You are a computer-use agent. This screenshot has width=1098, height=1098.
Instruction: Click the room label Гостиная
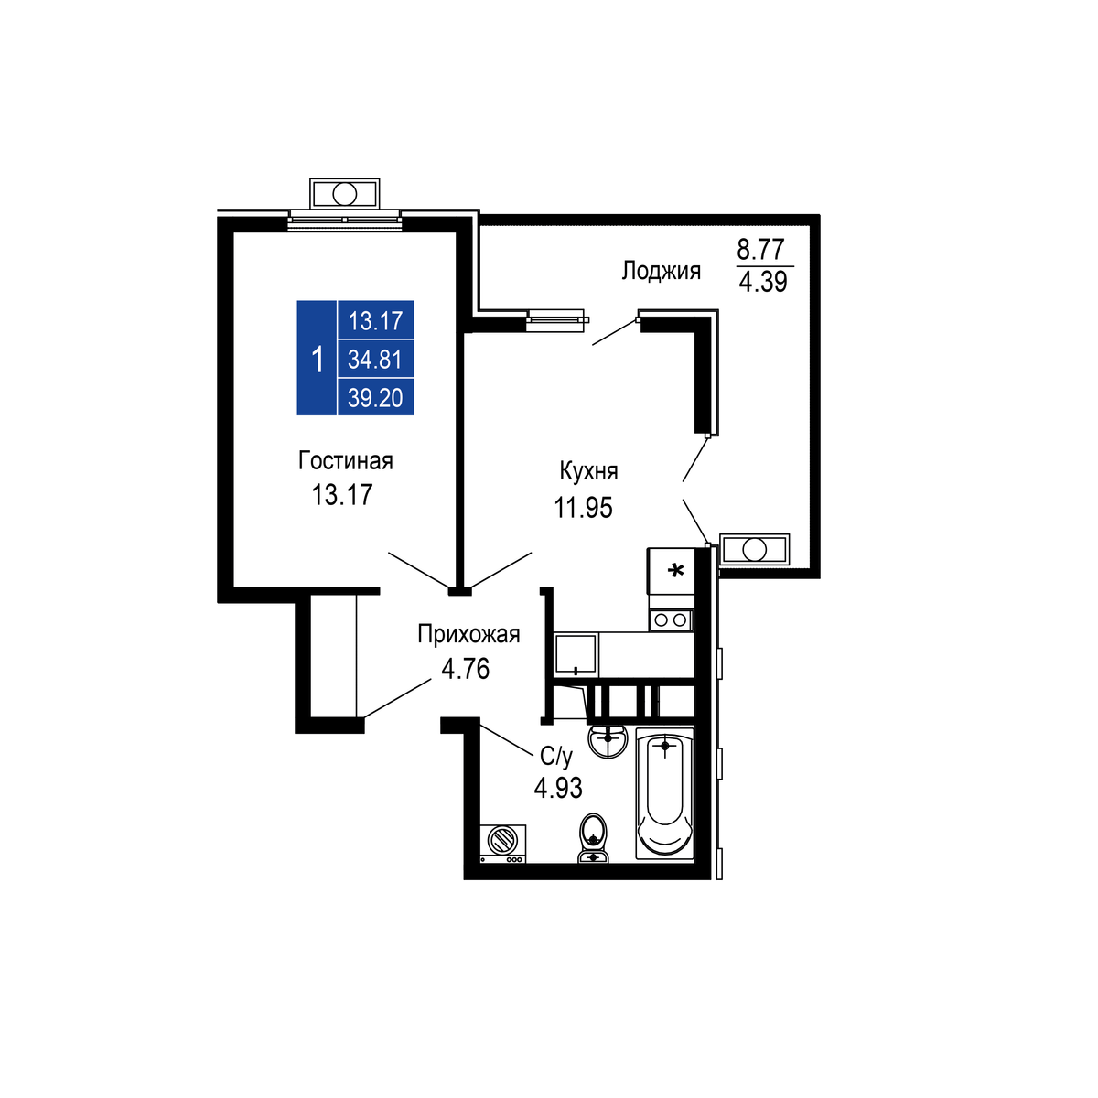[345, 461]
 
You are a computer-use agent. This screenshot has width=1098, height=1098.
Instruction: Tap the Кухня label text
[588, 471]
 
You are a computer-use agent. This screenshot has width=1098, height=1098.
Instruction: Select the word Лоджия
[661, 271]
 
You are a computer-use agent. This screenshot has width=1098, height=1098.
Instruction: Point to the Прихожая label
[468, 635]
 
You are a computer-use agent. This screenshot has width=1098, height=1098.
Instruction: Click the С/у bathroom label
[556, 756]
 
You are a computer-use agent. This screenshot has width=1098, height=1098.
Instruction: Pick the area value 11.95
[583, 507]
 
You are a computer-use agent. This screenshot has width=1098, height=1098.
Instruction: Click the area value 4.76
[465, 669]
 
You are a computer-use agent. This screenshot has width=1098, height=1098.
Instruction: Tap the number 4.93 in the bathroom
[558, 788]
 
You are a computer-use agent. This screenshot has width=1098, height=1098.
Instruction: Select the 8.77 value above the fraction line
[760, 249]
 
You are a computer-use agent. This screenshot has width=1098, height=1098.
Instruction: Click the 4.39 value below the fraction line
[763, 282]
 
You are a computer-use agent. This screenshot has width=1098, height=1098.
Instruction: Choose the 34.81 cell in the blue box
[375, 360]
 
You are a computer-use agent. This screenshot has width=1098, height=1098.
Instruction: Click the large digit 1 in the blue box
[318, 360]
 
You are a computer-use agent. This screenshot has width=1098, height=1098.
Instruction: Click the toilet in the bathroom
[593, 837]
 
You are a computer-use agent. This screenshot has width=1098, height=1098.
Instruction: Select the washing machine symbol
[502, 844]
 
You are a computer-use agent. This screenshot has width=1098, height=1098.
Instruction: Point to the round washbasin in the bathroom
[608, 740]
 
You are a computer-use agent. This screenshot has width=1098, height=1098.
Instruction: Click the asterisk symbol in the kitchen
[676, 570]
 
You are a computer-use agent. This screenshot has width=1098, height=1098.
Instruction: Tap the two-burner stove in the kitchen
[672, 620]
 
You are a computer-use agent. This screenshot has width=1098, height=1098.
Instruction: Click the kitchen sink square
[576, 655]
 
